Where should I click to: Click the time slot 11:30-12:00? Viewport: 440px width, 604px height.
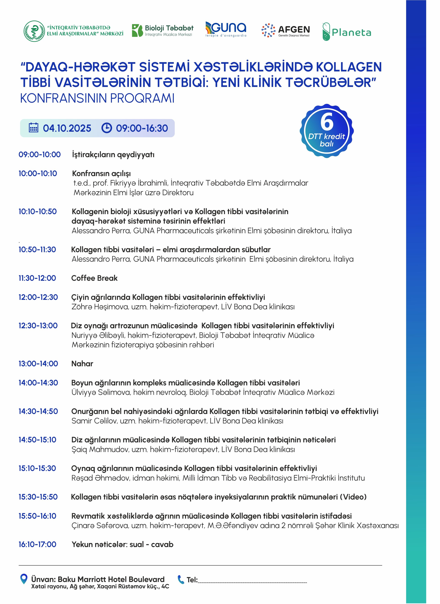tap(37, 278)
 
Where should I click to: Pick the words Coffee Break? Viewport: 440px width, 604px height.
tap(94, 278)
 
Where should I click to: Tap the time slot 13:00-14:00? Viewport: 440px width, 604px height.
tap(38, 364)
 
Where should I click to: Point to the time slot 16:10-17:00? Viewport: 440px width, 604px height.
tap(37, 544)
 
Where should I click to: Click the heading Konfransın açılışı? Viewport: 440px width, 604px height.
tap(101, 174)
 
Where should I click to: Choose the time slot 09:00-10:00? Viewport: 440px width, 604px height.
tap(39, 155)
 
